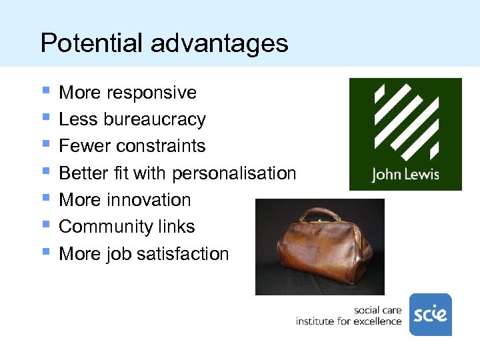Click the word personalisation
(x=234, y=173)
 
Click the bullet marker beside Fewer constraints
(x=45, y=144)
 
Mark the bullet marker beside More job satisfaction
(x=45, y=252)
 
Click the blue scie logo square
(x=430, y=314)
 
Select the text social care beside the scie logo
(x=377, y=310)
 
